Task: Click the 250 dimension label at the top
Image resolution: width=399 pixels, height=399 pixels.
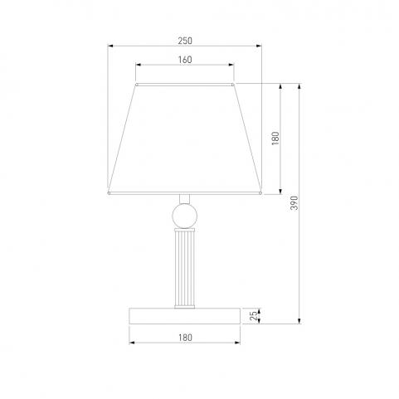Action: tap(185, 41)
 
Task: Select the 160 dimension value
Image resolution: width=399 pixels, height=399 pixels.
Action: tap(185, 60)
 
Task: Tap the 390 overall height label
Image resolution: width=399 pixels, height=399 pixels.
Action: tap(294, 203)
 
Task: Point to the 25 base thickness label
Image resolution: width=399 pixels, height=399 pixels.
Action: tap(254, 316)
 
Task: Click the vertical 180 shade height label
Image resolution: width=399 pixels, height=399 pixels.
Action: tap(275, 139)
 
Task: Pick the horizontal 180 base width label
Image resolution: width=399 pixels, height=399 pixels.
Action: tap(185, 338)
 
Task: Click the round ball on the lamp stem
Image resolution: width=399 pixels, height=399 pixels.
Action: tap(185, 216)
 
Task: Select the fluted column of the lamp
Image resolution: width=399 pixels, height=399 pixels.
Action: tap(185, 268)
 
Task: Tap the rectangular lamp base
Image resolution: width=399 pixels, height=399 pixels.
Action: tap(185, 316)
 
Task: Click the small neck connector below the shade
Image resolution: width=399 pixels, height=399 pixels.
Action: tap(185, 199)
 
